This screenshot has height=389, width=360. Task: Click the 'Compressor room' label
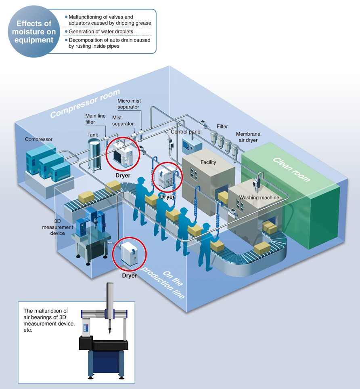[85, 103]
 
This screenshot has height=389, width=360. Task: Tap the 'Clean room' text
[291, 169]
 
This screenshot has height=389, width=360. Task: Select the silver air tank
[94, 155]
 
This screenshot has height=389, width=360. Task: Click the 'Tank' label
[92, 135]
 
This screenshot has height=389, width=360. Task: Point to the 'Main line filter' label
[95, 119]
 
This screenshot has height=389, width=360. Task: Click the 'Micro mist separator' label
[129, 104]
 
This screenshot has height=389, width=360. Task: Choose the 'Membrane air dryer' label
[248, 137]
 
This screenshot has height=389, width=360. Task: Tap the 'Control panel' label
[186, 132]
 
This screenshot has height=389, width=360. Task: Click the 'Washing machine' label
[259, 198]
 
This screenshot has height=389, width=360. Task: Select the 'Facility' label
[208, 162]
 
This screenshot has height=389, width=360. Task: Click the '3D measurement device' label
[58, 227]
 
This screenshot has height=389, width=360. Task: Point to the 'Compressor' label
[39, 139]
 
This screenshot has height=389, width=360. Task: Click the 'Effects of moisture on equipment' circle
[34, 32]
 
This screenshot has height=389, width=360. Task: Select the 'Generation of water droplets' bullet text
[101, 32]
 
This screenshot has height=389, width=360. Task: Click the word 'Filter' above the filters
[222, 126]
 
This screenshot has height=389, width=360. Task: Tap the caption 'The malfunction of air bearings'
[46, 314]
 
